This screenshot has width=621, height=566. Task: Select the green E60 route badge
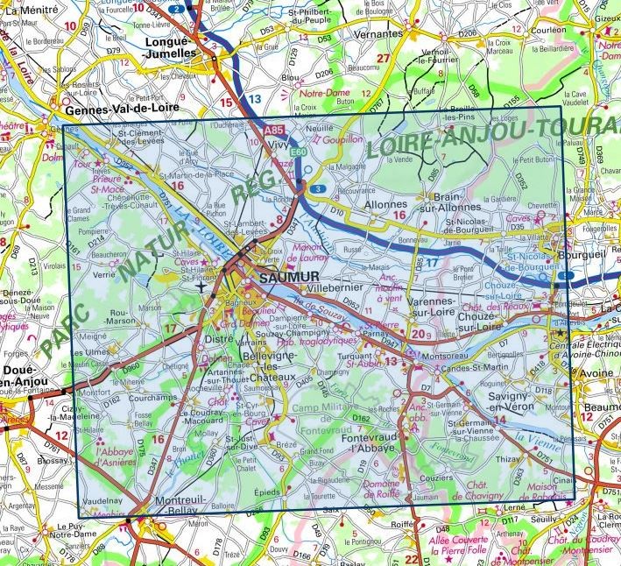[x=298, y=152]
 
